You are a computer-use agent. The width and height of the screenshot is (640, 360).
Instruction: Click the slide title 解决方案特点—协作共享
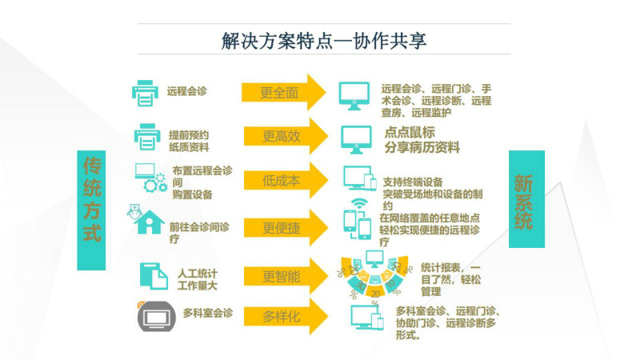point(324,41)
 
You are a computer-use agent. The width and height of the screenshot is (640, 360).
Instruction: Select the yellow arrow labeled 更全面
point(284,92)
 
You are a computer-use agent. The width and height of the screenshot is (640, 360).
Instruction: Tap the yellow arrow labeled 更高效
point(286,136)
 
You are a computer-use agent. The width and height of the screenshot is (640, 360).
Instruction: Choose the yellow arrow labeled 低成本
point(286,180)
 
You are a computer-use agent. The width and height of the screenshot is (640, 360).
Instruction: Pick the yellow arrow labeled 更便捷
point(286,227)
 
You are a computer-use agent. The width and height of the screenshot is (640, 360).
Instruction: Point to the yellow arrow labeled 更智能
point(286,276)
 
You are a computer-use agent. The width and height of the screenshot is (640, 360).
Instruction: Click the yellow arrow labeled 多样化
point(286,316)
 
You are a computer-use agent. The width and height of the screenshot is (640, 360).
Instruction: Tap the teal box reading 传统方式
point(91,210)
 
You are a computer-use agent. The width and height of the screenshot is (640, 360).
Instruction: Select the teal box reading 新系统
point(526,199)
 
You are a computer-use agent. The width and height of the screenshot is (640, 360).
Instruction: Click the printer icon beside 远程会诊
point(145,93)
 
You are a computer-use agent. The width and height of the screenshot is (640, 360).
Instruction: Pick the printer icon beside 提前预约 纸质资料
point(147,137)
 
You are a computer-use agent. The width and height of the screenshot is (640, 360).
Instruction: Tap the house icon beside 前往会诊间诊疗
point(149,222)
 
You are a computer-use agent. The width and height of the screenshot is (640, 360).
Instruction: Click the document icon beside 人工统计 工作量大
point(154,276)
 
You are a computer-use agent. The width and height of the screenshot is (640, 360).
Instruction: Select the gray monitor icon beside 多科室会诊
point(157,316)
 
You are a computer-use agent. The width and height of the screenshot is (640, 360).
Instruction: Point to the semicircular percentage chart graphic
point(374,274)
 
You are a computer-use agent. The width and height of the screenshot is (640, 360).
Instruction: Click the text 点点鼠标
point(410,132)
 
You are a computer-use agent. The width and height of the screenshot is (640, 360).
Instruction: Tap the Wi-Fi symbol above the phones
point(359,204)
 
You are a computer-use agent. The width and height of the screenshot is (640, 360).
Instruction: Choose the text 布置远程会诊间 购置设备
point(202,182)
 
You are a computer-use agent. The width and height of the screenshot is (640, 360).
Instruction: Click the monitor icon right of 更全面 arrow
point(354,96)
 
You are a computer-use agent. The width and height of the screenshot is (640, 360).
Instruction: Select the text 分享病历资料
point(422,147)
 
